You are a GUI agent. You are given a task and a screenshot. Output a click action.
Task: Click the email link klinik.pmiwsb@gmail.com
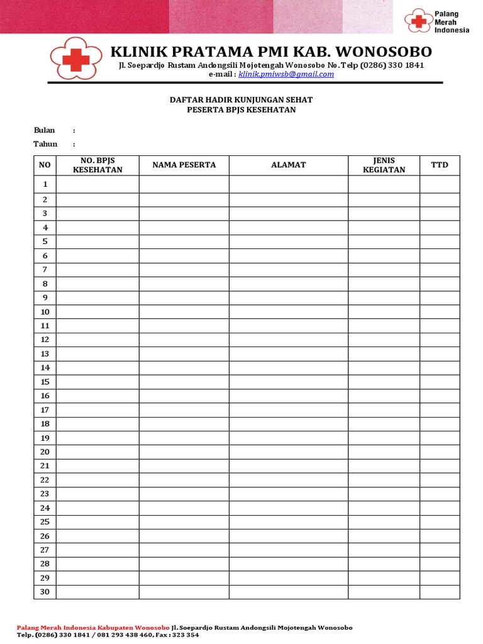click(x=286, y=74)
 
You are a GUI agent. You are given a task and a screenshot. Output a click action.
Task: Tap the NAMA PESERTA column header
click(x=184, y=165)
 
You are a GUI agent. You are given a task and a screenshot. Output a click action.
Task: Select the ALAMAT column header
click(x=288, y=165)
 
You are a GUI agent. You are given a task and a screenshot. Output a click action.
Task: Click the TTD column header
click(x=440, y=165)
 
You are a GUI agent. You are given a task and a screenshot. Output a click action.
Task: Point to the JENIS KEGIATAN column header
click(x=384, y=165)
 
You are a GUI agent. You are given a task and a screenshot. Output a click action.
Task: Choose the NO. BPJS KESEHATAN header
click(x=97, y=165)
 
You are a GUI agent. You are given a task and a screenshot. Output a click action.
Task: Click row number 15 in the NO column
click(x=45, y=382)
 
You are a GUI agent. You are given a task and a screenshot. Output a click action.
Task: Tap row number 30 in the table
click(x=45, y=592)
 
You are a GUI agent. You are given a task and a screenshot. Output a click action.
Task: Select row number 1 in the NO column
click(x=45, y=184)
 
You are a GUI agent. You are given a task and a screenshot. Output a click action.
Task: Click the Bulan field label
click(x=44, y=130)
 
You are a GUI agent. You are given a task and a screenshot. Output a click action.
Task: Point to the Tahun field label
click(x=45, y=144)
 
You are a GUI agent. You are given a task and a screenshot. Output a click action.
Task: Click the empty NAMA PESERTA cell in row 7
click(x=184, y=269)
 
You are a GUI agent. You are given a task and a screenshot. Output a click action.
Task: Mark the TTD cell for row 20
click(x=440, y=452)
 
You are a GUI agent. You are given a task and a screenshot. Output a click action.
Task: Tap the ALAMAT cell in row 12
click(x=288, y=340)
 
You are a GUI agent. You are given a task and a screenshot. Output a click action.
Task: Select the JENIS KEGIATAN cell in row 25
click(x=384, y=521)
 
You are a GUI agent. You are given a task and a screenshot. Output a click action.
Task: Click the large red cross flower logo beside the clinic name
click(x=76, y=58)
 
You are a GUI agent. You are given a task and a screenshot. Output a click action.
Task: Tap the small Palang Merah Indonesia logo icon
click(x=418, y=21)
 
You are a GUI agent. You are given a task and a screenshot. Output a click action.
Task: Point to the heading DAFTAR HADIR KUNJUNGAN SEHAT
click(x=241, y=100)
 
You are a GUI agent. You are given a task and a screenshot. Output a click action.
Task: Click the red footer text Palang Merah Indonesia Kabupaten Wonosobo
click(x=92, y=628)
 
